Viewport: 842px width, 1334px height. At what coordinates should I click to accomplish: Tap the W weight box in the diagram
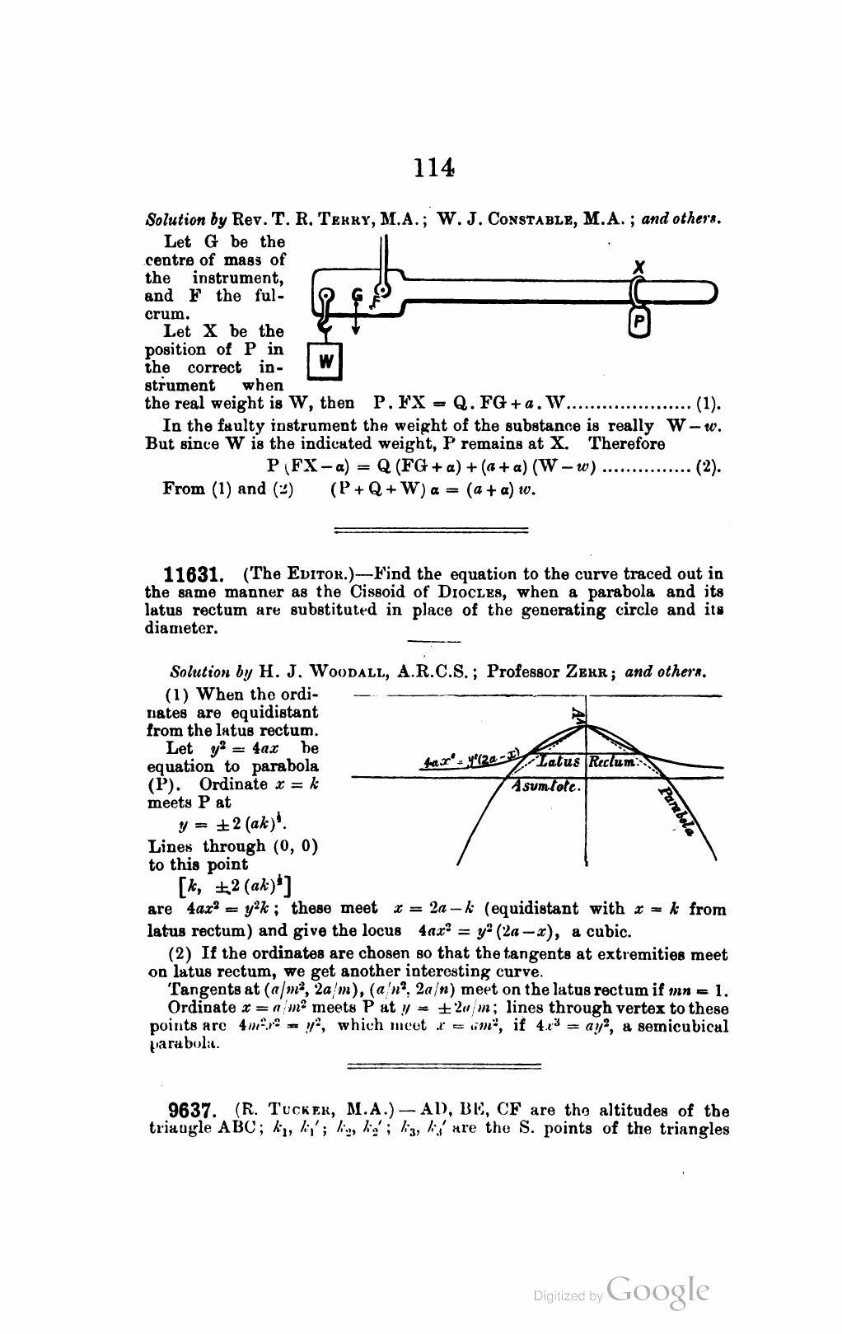click(x=325, y=361)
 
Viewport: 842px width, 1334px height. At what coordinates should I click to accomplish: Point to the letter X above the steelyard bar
click(x=638, y=267)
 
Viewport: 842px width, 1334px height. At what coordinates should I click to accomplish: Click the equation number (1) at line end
click(x=709, y=404)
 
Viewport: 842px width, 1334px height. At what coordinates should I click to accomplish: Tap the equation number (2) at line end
click(x=709, y=466)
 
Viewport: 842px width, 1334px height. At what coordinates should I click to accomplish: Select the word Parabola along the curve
click(x=677, y=811)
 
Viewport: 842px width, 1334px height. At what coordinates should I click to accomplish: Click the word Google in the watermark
click(x=657, y=1290)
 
